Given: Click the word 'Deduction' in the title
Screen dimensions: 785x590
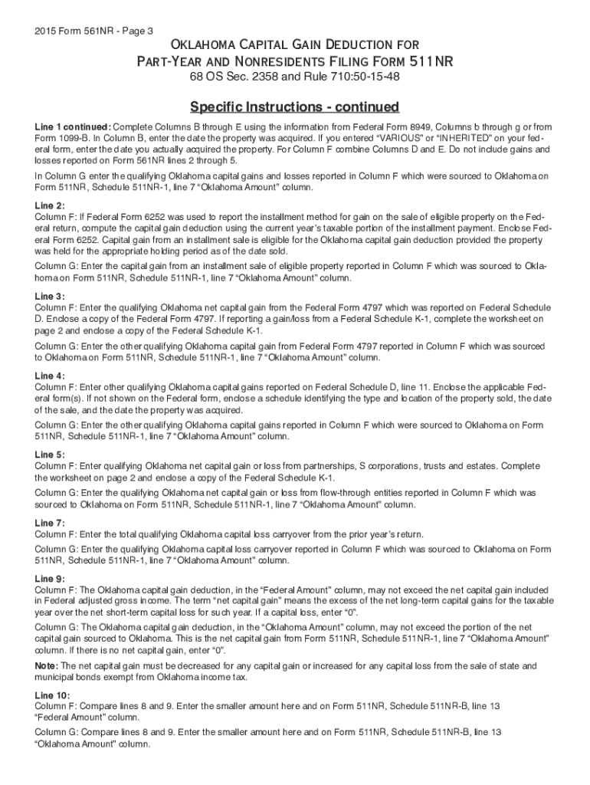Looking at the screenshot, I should click(x=336, y=45).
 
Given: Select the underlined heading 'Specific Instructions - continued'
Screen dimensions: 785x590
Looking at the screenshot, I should click(x=295, y=106).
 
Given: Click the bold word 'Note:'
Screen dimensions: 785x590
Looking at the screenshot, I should click(x=47, y=665).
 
